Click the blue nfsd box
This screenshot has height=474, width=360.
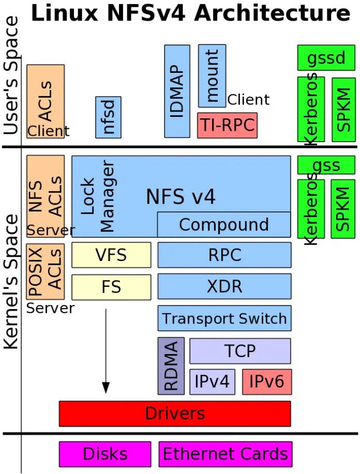point(108,117)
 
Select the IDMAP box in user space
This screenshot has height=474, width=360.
point(177,90)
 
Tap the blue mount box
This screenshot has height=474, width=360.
point(212,75)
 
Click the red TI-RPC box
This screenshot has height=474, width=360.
point(227,126)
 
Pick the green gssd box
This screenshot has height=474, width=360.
point(326,58)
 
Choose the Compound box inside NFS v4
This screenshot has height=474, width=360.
point(223,224)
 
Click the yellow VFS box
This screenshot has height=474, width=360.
point(111,255)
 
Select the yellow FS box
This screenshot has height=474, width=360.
point(111,287)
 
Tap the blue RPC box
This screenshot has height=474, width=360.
point(224,255)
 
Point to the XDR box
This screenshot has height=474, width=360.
point(224,287)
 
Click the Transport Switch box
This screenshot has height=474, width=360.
point(224,318)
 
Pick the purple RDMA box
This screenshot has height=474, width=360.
point(171,366)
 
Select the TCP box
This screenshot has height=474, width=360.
point(240,351)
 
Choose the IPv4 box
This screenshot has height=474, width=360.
point(212,382)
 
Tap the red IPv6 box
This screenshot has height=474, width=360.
point(267,382)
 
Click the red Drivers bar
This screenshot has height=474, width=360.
point(175,414)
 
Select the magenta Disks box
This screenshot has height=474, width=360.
point(105,454)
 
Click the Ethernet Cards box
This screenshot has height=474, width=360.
point(225,454)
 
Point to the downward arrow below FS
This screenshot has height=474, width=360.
point(106,351)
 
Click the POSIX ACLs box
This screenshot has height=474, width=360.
point(46,272)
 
